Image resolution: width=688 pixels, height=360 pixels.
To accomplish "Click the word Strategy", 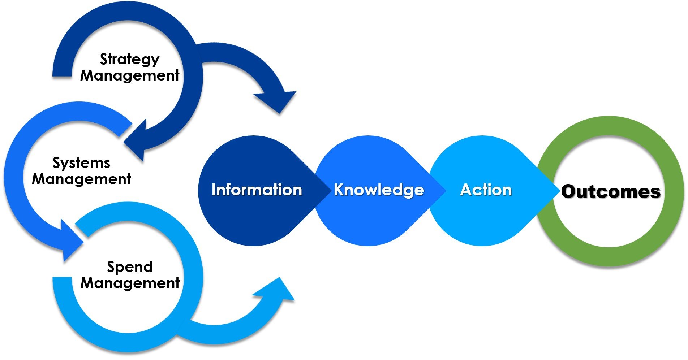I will [x=129, y=60].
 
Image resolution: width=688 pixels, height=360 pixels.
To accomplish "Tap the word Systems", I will [x=81, y=163].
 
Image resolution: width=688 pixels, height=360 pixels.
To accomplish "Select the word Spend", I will [x=130, y=267].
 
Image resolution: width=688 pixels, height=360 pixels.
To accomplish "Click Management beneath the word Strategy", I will [x=130, y=76].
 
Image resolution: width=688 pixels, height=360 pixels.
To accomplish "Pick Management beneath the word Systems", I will [x=81, y=179].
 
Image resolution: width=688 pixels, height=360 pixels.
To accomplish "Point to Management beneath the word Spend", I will [x=130, y=283].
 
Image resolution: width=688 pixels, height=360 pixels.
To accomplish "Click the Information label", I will [x=257, y=190].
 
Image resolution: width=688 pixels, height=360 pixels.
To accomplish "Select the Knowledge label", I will [x=379, y=190].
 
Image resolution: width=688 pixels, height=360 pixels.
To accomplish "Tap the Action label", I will [x=486, y=190].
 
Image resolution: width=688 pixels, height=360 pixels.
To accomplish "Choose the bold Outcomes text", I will [x=611, y=191].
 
